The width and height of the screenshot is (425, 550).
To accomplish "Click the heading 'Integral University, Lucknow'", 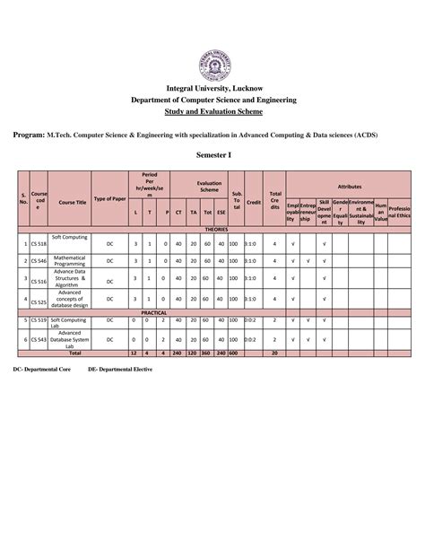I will tap(212, 91).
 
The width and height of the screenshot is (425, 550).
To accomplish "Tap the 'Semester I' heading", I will tap(212, 154).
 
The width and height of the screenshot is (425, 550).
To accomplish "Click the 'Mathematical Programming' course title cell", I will tap(68, 261).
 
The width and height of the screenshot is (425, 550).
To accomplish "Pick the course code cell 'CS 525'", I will tap(39, 301).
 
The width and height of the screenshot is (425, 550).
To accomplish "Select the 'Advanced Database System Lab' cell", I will tap(68, 340).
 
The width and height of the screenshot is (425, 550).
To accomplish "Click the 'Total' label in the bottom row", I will tap(68, 354).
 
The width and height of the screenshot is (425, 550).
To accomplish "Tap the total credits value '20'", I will tap(274, 354).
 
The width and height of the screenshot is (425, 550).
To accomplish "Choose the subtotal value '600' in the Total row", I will tap(234, 354).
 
